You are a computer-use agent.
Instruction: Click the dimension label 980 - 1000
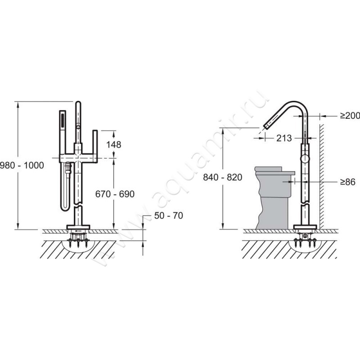[x=22, y=165]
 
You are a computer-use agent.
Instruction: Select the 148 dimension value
[x=114, y=144]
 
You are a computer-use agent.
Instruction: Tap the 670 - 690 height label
[x=115, y=194]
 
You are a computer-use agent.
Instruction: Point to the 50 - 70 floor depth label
[x=168, y=216]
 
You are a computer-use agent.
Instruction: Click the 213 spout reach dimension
[x=284, y=138]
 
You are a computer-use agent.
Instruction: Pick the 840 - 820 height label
[x=222, y=177]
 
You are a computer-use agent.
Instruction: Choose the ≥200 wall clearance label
[x=350, y=116]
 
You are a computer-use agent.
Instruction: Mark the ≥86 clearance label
[x=347, y=182]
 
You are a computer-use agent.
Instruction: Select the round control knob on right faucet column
[x=305, y=159]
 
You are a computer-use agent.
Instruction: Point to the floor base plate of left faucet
[x=78, y=227]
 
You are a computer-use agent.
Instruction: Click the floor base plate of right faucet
[x=305, y=227]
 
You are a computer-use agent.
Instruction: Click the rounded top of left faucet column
[x=78, y=103]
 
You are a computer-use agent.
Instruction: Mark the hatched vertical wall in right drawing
[x=322, y=176]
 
